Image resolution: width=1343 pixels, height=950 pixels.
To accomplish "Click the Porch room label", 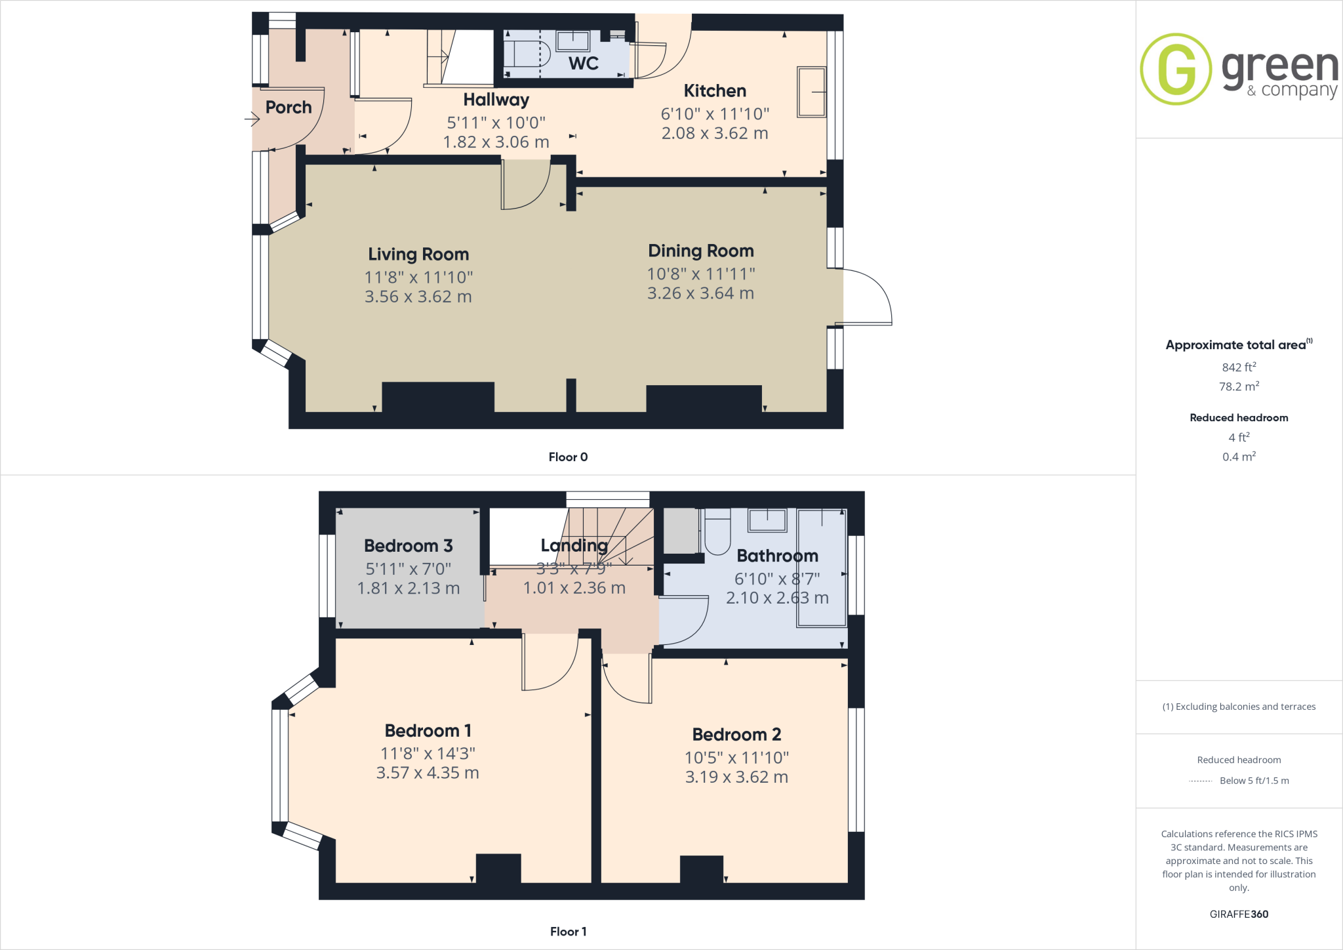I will point(289,107).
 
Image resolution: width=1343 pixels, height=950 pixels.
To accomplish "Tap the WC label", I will point(584,64).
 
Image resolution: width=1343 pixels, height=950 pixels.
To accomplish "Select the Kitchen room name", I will point(715,91).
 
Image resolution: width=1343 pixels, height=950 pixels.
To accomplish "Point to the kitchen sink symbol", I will point(811,92).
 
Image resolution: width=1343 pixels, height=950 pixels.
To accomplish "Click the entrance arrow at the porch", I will point(252,119).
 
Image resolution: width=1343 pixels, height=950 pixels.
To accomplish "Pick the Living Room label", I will point(418,254).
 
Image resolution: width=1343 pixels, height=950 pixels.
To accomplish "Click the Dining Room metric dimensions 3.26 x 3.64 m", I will point(700,293).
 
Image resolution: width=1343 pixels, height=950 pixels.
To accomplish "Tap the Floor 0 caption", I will point(568,457).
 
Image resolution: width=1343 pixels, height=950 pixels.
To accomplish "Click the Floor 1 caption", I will point(568,932).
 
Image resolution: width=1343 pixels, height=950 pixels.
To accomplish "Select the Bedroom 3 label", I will point(409,546).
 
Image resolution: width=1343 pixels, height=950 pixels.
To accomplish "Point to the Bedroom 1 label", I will point(428,731).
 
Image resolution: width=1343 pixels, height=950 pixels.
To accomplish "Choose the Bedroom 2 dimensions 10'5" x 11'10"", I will point(736,758).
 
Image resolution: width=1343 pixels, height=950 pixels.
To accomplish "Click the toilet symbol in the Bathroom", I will point(717,533).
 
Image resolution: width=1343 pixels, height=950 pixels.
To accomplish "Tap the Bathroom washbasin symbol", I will point(767,520).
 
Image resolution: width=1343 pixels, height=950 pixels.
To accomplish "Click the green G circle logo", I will point(1176,69).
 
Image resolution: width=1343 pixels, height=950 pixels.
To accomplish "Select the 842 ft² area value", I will point(1239,367).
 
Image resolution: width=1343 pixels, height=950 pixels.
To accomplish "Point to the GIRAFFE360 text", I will point(1239,914).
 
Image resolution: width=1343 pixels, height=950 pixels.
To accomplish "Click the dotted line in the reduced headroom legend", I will point(1200,781).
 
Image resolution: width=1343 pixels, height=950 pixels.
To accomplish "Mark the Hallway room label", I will point(496,100).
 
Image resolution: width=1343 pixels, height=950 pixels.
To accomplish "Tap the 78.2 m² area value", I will point(1239,386).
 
